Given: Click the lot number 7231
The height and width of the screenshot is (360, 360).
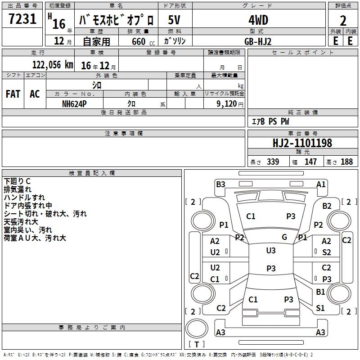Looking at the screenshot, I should (22, 19).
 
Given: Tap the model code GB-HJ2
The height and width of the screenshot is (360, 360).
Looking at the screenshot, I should (258, 41).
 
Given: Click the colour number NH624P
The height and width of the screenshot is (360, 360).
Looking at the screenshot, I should (74, 103).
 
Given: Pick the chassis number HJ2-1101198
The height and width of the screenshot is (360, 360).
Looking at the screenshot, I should (302, 143).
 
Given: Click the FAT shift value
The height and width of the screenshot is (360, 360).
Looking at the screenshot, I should (13, 94).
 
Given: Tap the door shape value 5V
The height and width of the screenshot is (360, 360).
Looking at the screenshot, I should (175, 20).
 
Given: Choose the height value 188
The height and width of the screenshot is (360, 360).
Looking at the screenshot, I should (346, 162).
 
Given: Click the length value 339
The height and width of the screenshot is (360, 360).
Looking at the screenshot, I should (273, 162).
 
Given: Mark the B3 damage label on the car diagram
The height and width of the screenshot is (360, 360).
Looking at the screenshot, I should (220, 184).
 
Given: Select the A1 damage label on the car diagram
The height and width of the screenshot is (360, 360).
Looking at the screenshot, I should (321, 184).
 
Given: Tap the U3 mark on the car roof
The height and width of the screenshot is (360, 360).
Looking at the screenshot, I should (271, 251).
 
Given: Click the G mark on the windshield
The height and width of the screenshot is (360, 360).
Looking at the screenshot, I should (284, 237).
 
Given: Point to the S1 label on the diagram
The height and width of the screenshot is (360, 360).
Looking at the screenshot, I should (320, 308).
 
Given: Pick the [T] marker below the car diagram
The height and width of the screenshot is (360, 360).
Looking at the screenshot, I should (197, 344).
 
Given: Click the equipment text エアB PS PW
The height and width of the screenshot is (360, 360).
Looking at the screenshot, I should (270, 122).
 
